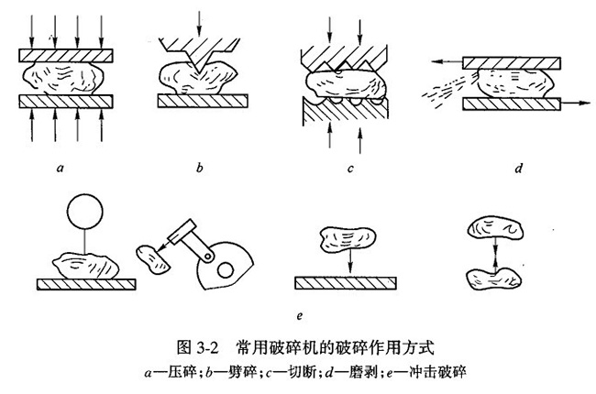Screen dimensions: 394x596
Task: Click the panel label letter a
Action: point(58,169)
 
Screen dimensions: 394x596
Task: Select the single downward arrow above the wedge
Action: point(199,21)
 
